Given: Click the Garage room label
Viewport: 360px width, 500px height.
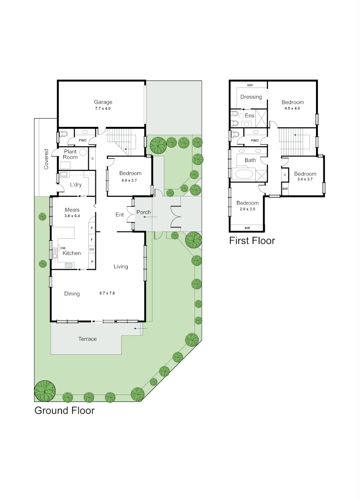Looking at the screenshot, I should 103,102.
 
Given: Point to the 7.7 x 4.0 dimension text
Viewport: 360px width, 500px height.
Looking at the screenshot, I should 103,108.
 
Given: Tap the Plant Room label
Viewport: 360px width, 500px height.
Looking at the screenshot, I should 70,155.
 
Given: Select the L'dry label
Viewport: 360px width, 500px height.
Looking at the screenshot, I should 76,185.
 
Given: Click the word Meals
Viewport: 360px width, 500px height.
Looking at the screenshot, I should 72,210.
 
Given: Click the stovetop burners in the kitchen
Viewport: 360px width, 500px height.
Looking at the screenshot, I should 69,265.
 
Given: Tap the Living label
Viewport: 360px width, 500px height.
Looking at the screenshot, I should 121,266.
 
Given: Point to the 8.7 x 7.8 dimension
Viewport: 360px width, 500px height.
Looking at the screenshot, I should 109,294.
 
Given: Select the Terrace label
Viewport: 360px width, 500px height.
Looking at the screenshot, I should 87,339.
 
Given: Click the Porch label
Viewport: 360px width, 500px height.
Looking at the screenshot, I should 143,212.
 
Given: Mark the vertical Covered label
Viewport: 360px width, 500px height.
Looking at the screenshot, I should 46,159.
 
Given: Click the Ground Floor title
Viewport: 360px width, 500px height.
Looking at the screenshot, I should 64,410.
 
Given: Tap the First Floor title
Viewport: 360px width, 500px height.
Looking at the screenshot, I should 252,241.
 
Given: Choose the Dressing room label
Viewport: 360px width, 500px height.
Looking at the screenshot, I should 251,97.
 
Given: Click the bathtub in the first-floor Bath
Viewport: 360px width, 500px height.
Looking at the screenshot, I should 244,175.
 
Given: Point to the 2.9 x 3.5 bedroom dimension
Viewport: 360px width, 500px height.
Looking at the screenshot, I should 248,209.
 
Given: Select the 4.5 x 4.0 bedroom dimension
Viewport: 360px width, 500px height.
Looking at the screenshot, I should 292,108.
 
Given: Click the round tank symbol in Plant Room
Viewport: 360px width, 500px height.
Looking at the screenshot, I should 83,152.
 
